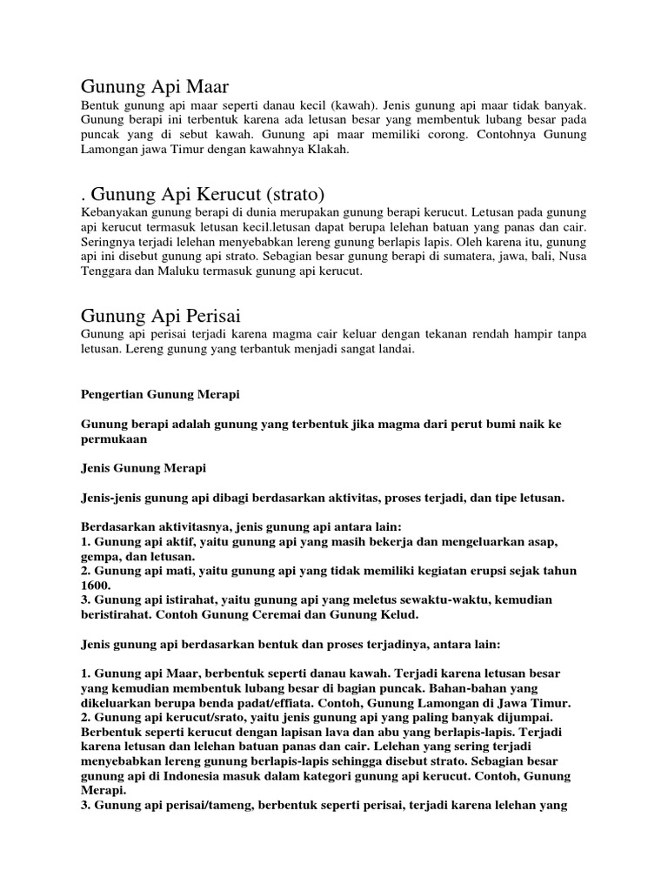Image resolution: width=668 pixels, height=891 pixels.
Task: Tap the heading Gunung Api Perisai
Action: click(161, 314)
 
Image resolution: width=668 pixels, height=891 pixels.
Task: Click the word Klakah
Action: click(326, 150)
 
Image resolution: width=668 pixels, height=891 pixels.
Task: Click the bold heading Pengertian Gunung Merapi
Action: click(159, 394)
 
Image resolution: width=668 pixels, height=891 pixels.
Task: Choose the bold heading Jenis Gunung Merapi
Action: click(143, 468)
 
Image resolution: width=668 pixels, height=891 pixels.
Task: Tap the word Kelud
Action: click(395, 615)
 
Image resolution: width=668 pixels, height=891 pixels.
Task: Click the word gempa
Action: click(102, 556)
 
